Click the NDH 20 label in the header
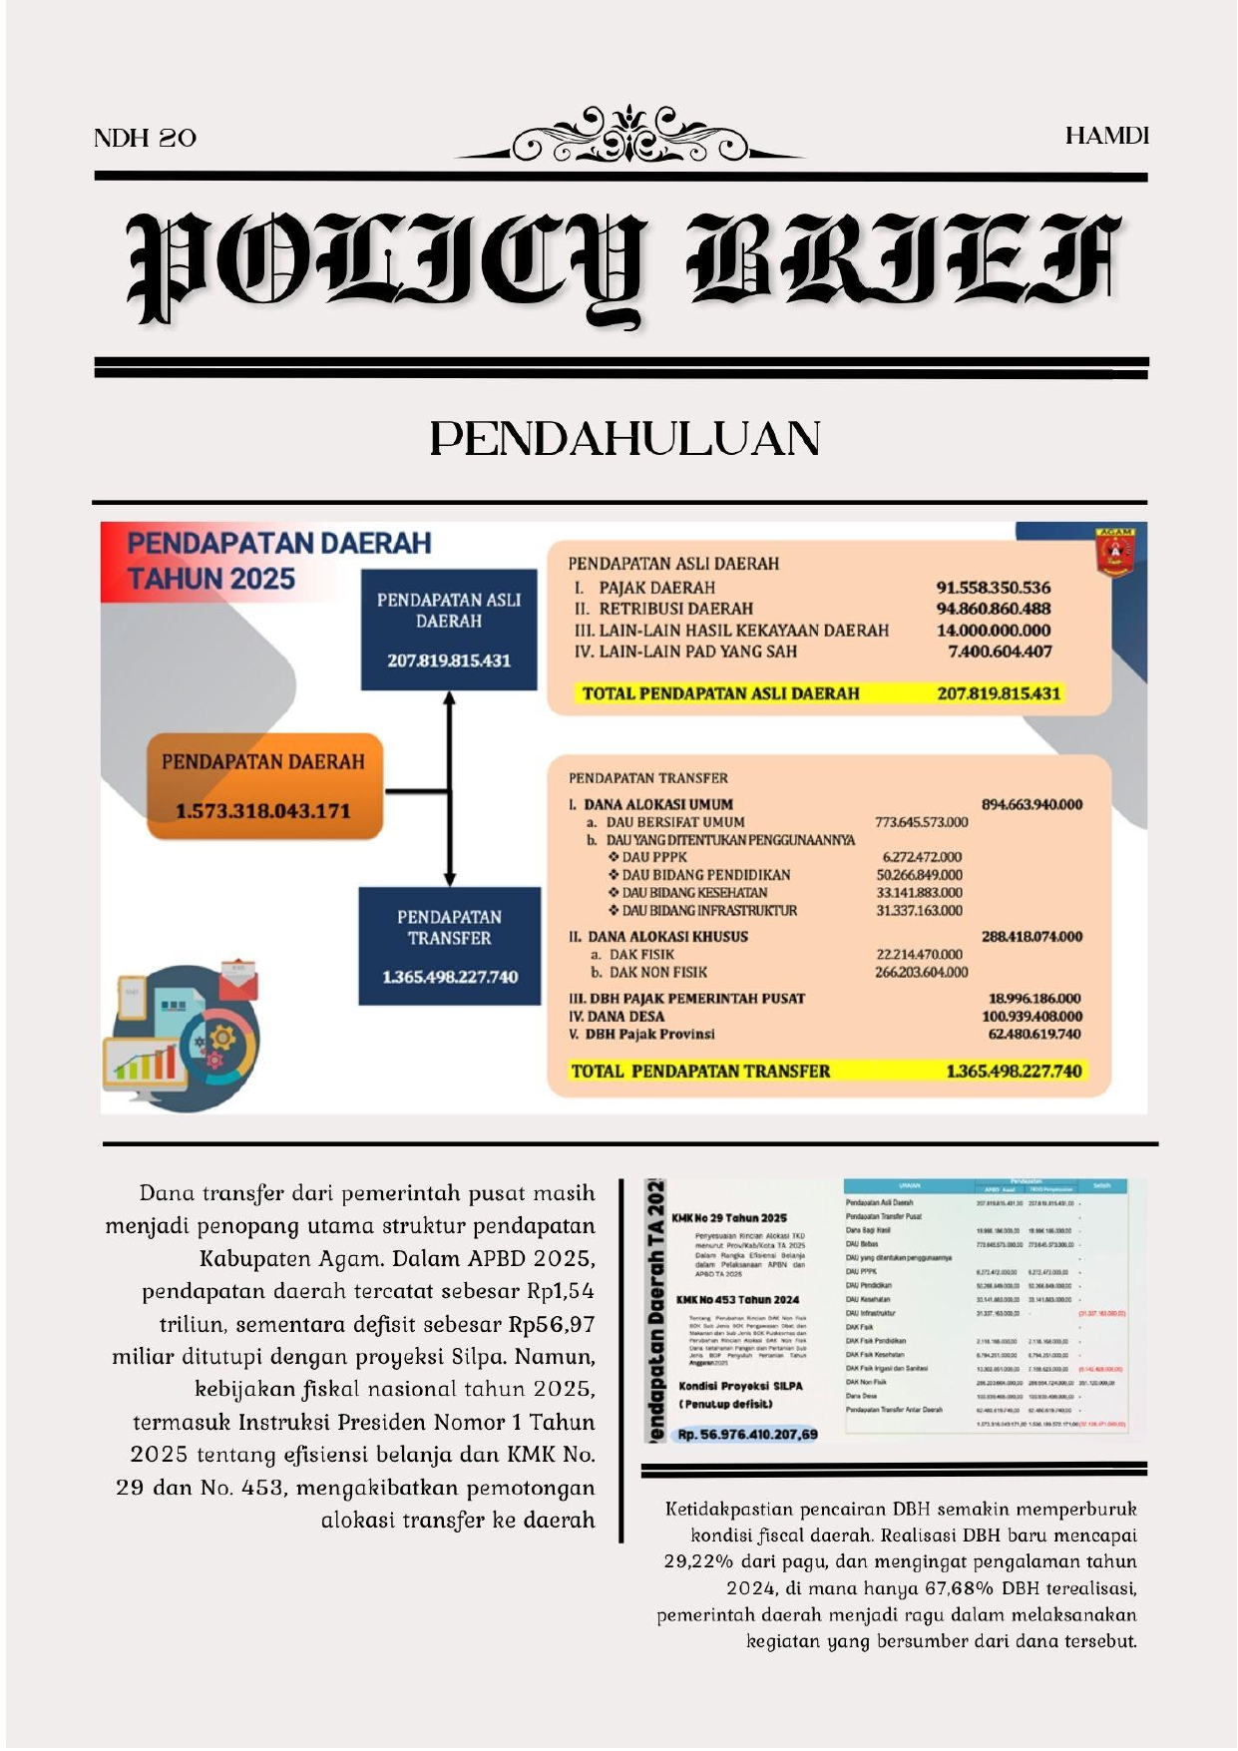[x=145, y=138]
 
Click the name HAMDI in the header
[x=1106, y=136]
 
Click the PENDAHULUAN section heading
[x=625, y=439]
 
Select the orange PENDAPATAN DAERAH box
[x=264, y=786]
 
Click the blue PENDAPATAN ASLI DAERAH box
[x=449, y=630]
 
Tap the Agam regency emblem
[x=1114, y=552]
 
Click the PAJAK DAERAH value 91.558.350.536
[x=993, y=588]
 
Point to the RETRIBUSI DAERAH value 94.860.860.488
[x=993, y=609]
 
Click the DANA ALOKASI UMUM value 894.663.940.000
[x=1032, y=804]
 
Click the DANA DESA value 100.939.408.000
[x=1032, y=1016]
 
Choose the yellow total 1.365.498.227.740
[x=1014, y=1071]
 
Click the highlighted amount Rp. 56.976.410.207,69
[x=747, y=1434]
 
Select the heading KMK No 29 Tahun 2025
[x=729, y=1218]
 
